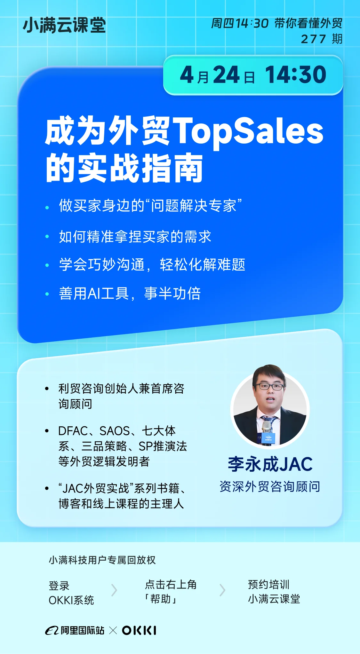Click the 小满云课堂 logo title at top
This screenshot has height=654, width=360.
64,25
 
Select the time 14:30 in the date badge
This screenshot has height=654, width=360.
295,75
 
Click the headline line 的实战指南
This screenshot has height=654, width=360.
124,168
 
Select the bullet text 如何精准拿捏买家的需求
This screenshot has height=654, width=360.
135,237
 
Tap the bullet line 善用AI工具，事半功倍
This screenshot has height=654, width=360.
130,293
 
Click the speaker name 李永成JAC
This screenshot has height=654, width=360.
270,464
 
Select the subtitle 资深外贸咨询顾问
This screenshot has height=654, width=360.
270,486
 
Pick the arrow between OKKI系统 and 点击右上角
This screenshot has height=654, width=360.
114,590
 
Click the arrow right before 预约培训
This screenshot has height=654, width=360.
222,590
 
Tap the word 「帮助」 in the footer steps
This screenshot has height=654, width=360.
161,599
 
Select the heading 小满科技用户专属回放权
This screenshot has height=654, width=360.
102,560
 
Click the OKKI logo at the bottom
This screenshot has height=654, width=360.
139,630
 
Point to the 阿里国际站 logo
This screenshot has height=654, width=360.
75,630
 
